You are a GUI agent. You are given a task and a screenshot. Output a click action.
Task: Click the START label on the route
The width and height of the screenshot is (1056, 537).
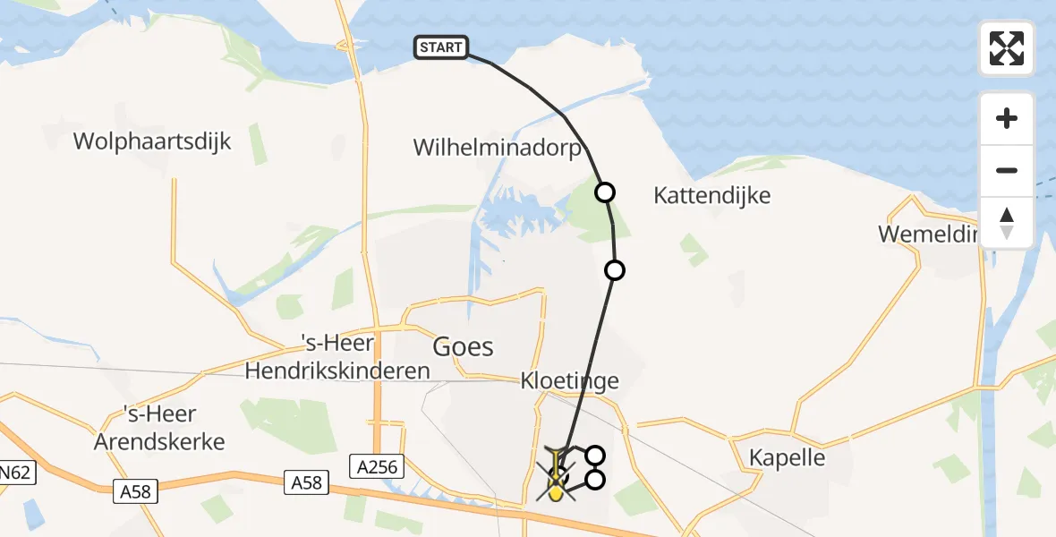coord(441,48)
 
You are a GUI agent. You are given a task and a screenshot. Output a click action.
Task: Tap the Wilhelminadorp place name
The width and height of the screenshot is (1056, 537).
coord(497,148)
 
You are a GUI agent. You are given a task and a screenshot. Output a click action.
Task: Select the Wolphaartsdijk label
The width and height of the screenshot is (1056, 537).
coord(152,141)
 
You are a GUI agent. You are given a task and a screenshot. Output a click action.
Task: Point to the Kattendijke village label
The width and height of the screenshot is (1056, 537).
coord(711,195)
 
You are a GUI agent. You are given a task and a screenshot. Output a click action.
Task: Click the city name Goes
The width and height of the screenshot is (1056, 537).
coord(463,346)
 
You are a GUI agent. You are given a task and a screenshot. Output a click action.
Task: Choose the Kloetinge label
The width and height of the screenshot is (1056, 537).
coord(570,381)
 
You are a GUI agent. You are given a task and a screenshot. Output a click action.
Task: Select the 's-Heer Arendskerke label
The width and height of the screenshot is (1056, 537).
coord(174,428)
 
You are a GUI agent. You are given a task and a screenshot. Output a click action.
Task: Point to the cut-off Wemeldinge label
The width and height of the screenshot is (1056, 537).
coord(930,234)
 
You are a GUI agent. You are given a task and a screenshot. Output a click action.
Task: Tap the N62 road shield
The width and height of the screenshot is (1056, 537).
coord(16,473)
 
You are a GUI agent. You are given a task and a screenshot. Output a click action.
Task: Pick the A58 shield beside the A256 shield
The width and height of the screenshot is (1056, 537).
coord(306,483)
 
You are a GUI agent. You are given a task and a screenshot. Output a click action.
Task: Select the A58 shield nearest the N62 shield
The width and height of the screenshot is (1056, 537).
coord(135,490)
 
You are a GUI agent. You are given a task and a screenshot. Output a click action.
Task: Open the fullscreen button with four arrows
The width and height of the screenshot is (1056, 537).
coord(1007,48)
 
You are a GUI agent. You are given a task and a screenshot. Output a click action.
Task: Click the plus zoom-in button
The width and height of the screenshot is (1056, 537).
coord(1007,118)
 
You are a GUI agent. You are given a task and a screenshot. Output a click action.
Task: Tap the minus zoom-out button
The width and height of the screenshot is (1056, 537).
coord(1007,170)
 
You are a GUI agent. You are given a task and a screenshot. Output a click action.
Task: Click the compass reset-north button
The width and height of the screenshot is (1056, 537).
coord(1007,222)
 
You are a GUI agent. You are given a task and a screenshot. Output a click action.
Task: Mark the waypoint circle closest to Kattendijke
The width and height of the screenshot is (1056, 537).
coord(606,192)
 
